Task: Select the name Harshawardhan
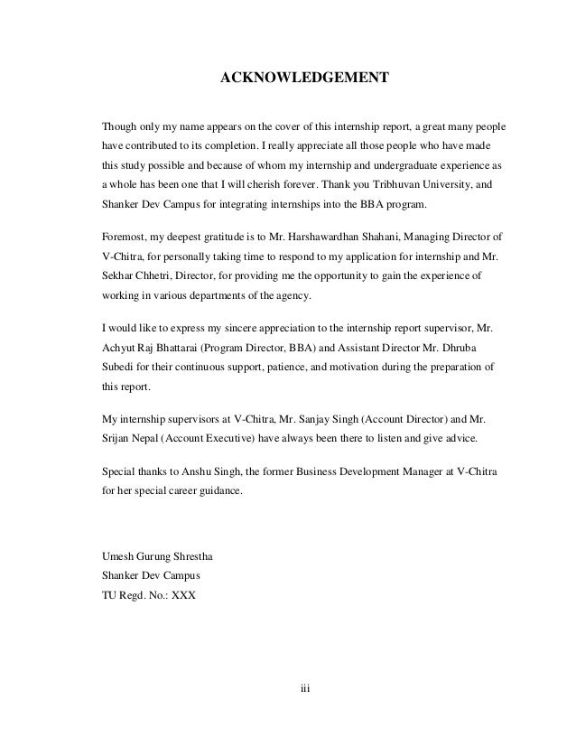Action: pyautogui.click(x=339, y=237)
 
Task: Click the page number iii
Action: pyautogui.click(x=305, y=688)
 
